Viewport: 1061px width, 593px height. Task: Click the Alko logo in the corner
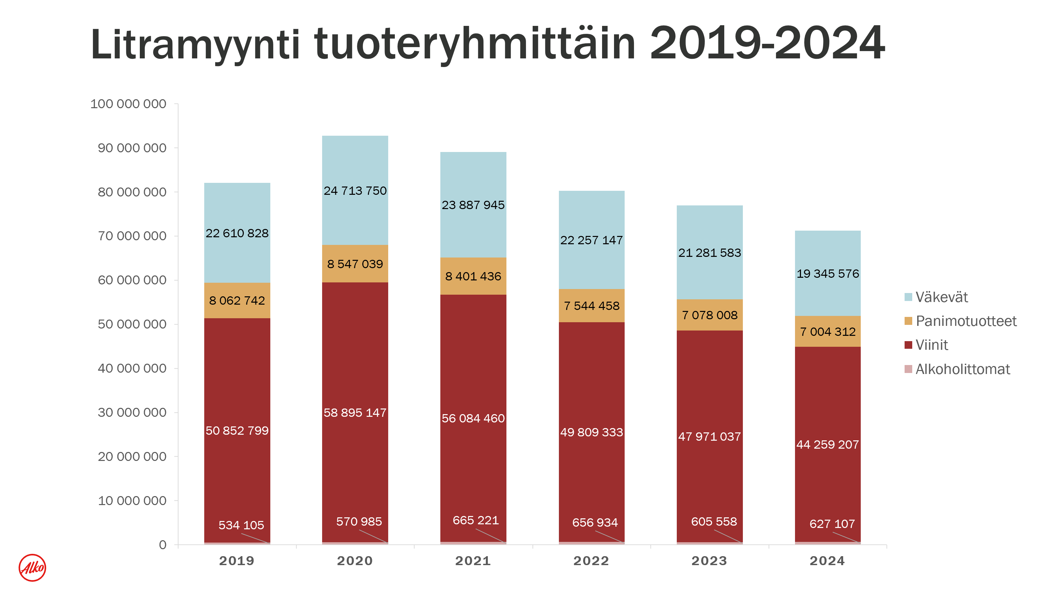[32, 567]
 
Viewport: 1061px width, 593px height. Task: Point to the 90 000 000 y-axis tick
[132, 148]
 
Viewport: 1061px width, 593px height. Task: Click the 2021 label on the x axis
[473, 560]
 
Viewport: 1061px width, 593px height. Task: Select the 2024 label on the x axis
[827, 560]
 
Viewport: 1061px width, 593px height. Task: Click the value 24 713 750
[355, 190]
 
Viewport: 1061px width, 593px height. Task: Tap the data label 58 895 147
[355, 412]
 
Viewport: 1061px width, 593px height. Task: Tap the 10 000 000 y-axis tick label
[132, 500]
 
